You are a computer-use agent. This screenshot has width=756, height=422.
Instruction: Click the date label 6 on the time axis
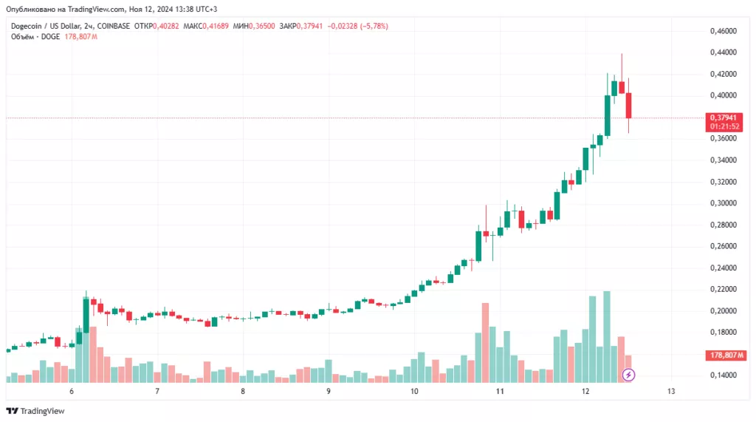pos(72,391)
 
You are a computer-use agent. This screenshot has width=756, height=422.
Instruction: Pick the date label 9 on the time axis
pos(329,391)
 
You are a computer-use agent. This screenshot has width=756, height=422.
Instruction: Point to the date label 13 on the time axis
pos(670,391)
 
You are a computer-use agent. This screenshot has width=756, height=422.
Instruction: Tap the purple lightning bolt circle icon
pos(628,375)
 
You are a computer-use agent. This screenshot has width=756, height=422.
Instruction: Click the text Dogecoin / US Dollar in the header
pos(45,26)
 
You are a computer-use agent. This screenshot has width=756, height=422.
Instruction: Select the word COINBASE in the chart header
pos(114,26)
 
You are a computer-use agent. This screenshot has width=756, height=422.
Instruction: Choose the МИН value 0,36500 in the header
pos(262,26)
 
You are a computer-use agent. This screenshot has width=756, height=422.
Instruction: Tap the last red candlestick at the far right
pos(629,106)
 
